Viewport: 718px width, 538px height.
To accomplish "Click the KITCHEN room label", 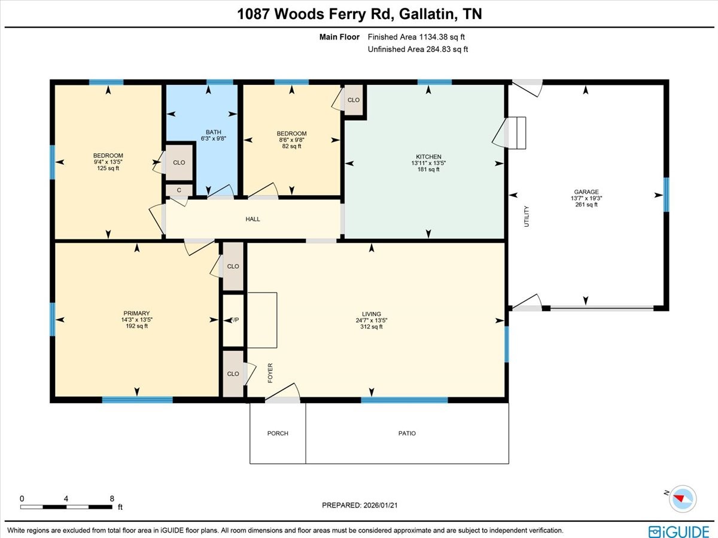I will pyautogui.click(x=425, y=157).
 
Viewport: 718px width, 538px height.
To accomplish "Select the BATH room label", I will pyautogui.click(x=213, y=132).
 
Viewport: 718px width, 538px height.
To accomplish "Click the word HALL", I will pyautogui.click(x=252, y=220).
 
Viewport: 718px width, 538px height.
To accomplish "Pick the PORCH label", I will pyautogui.click(x=278, y=433).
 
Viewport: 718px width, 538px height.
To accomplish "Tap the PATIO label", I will pyautogui.click(x=407, y=433).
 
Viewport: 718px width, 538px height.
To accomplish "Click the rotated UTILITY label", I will pyautogui.click(x=527, y=216).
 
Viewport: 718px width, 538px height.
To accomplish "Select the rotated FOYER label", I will pyautogui.click(x=270, y=372).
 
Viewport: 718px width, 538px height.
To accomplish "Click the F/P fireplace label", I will pyautogui.click(x=235, y=320).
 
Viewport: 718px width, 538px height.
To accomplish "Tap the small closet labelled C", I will pyautogui.click(x=178, y=190).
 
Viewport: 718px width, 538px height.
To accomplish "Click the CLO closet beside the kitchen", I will pyautogui.click(x=353, y=100).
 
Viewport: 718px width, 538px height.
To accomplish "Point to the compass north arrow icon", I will pyautogui.click(x=682, y=498).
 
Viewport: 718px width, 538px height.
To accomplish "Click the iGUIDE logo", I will pyautogui.click(x=679, y=531).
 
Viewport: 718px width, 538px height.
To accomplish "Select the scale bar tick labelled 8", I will pyautogui.click(x=112, y=498).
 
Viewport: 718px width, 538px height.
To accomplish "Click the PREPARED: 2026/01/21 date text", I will pyautogui.click(x=360, y=506).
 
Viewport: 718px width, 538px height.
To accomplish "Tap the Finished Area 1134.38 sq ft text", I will pyautogui.click(x=417, y=37).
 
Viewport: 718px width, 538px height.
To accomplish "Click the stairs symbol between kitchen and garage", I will pyautogui.click(x=515, y=132).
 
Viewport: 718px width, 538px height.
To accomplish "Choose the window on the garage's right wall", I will pyautogui.click(x=666, y=195).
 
